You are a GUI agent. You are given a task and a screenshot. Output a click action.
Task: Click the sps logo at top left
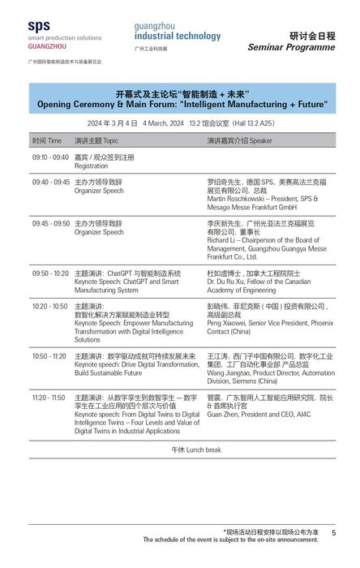click(x=38, y=27)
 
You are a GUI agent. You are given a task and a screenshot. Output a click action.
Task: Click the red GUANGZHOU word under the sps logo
click(x=48, y=47)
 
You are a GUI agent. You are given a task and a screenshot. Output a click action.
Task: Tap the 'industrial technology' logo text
click(x=177, y=36)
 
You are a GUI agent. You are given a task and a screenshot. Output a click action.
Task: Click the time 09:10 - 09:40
click(x=50, y=157)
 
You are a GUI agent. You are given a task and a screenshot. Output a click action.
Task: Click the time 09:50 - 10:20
click(x=50, y=273)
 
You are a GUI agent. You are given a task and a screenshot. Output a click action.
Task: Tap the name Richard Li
click(x=223, y=240)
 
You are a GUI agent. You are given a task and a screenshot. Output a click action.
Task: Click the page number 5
click(x=333, y=532)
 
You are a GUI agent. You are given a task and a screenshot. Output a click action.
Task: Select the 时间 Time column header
click(x=47, y=140)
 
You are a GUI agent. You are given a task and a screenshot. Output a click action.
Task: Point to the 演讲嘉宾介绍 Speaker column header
click(x=239, y=140)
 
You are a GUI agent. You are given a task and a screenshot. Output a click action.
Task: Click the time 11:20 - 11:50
click(x=50, y=398)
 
